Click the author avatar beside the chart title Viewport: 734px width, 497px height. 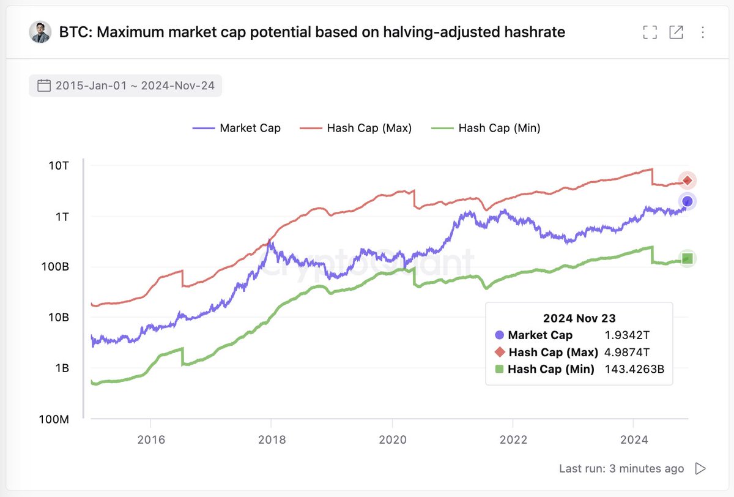pos(40,32)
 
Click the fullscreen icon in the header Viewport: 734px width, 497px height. pos(650,32)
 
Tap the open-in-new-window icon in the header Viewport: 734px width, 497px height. pos(676,32)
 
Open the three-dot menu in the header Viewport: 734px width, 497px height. pos(702,32)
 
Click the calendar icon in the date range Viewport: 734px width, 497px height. pos(44,86)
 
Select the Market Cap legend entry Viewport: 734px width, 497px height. pos(237,128)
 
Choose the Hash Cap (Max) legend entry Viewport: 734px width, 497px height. pos(356,128)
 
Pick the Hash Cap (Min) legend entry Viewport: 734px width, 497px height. pos(486,128)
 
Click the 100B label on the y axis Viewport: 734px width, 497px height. pos(61,267)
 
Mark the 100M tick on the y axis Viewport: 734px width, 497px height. pos(60,420)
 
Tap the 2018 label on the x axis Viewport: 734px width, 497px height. pos(271,441)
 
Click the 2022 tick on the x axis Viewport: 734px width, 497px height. pos(513,441)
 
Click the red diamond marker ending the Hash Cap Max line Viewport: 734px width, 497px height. pos(688,181)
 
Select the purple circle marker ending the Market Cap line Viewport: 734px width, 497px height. pos(688,201)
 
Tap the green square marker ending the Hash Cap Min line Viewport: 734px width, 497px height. pos(688,258)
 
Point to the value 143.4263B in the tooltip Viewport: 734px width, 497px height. pos(634,369)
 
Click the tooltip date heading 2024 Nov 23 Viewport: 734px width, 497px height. pos(579,318)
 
